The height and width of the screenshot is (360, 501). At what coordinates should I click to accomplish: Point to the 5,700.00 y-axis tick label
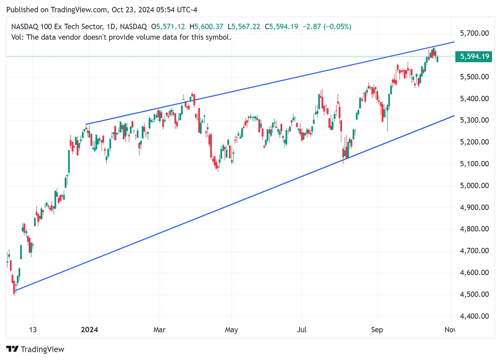474,33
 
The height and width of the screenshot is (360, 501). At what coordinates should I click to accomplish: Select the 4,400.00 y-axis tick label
474,316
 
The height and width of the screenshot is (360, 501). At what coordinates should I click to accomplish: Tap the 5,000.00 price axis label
474,186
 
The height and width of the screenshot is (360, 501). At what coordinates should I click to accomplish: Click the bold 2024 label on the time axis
89,330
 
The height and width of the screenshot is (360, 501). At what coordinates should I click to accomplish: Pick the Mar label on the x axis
159,330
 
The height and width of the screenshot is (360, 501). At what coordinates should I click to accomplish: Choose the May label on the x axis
231,330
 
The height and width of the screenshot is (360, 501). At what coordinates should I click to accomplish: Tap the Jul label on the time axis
302,330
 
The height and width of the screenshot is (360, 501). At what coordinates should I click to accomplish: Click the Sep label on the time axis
377,330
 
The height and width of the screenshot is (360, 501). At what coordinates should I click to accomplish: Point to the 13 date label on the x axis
33,330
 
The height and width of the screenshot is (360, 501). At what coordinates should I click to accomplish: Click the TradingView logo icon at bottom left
12,349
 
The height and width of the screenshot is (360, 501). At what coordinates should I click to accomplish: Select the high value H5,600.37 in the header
206,27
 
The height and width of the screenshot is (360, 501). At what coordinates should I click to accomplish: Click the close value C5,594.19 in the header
281,27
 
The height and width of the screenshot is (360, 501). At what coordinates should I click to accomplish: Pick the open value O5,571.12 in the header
168,27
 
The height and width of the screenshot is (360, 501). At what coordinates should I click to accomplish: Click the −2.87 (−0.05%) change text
327,27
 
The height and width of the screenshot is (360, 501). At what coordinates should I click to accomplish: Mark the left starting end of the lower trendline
15,290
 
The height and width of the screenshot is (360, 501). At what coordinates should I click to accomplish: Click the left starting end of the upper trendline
86,124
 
